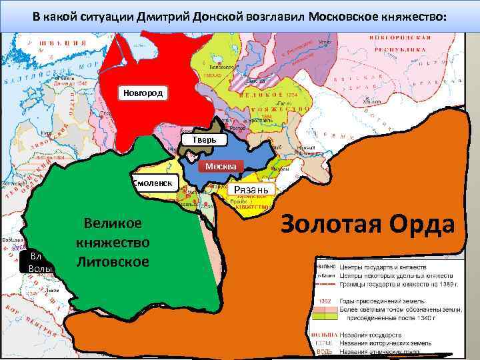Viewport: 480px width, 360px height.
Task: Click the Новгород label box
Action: click(142, 93)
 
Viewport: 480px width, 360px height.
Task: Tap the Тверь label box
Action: click(203, 140)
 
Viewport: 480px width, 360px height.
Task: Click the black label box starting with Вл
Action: click(40, 262)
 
